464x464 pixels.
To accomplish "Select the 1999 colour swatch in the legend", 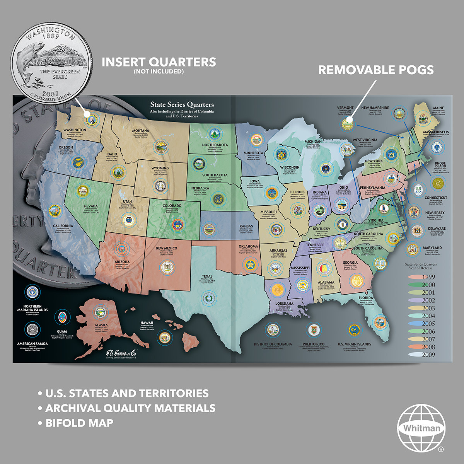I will point(416,277).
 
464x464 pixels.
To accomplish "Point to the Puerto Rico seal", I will point(313,329).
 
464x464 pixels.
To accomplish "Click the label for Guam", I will point(62,331).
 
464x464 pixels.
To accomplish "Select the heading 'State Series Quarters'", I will point(182,104).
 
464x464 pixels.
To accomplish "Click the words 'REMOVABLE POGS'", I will point(375,70).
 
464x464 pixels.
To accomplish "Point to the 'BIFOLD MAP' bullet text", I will point(79,423).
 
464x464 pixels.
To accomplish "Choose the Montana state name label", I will point(141,131).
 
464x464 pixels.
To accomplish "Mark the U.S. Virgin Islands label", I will point(354,344).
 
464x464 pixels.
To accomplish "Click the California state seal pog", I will point(55,211).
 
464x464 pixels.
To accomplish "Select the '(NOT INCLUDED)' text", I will point(159,72).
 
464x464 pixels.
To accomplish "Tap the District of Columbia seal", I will point(273,329).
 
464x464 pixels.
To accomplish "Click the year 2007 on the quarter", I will point(50,94).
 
